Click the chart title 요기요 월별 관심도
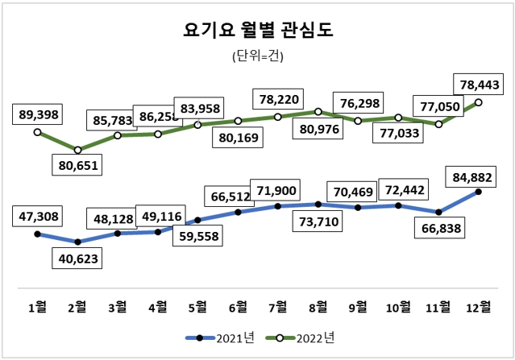point(258,30)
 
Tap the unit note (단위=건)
point(257,56)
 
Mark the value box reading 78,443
point(479,84)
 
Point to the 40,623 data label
point(78,259)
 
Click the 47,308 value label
point(37,217)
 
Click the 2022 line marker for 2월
point(77,150)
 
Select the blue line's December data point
point(479,192)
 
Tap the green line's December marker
point(479,102)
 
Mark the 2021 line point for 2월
point(77,242)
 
